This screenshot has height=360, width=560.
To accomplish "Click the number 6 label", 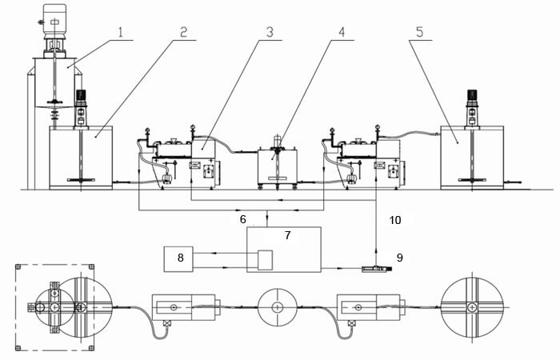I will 242,218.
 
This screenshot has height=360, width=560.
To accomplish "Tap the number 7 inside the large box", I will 290,237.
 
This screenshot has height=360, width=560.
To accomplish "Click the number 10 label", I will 394,218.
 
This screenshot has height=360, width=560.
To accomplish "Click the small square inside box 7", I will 264,260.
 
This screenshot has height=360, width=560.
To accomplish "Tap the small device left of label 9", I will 372,270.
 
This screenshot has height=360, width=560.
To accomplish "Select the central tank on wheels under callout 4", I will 274,168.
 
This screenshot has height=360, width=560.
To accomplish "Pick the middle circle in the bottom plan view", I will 278,306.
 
